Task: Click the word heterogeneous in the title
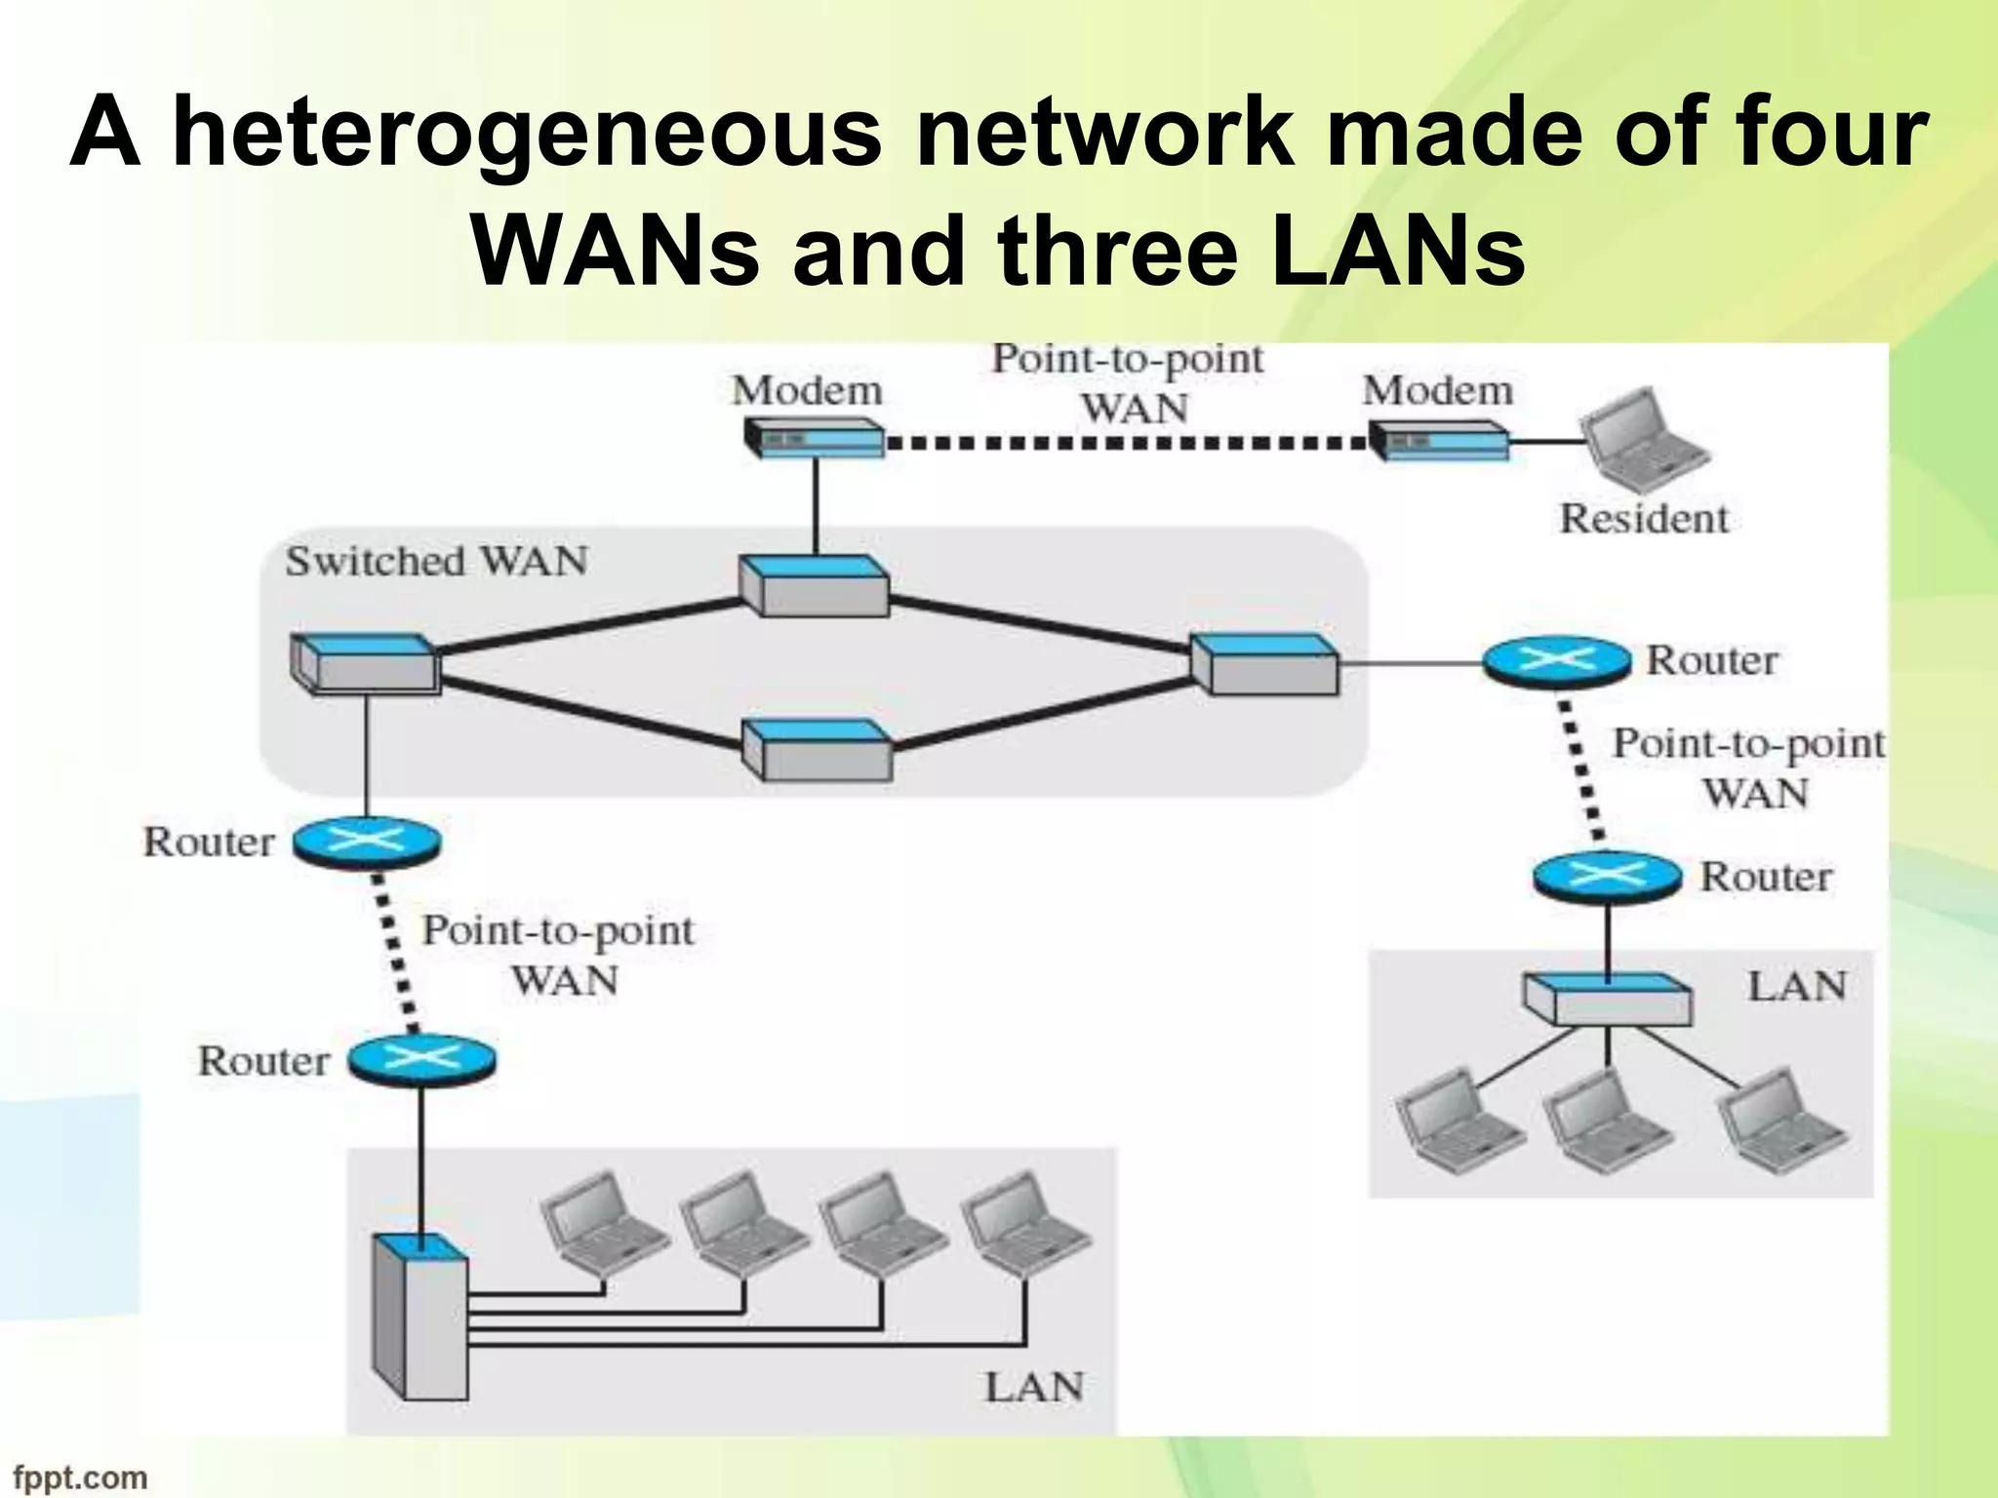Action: pos(527,134)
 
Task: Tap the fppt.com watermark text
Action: pos(80,1477)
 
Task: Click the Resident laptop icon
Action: pos(1643,441)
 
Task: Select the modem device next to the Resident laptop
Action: pos(1438,441)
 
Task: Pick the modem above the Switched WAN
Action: pos(814,439)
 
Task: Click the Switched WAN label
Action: pos(436,562)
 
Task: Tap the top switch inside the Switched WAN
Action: pos(814,587)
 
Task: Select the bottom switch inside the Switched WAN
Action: pos(817,750)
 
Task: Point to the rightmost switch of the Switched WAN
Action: pos(1264,664)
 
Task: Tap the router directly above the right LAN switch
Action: pos(1607,876)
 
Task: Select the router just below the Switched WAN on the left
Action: pos(367,842)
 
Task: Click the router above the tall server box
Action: pos(421,1060)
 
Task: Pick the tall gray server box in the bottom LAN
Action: pos(421,1317)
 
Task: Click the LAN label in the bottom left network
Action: pos(1033,1387)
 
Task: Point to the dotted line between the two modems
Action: pos(1127,443)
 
